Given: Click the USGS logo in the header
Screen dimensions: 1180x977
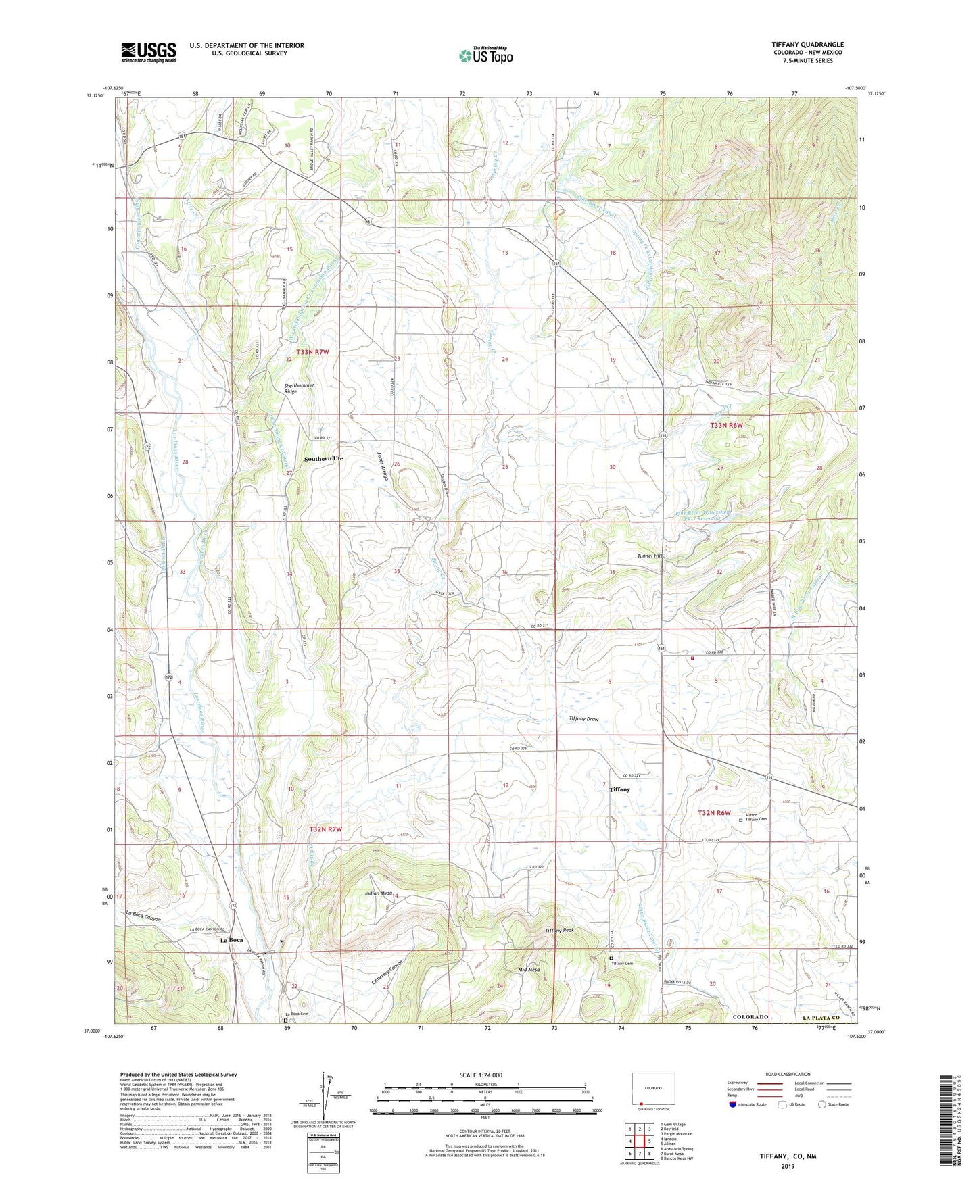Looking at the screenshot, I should [149, 51].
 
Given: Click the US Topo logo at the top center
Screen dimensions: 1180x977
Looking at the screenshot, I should [485, 55].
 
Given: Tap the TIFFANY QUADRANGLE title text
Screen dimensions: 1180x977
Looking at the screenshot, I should [807, 45].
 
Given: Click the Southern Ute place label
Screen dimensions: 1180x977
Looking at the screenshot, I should [323, 459].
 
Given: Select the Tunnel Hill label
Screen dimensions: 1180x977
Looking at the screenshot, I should [652, 556].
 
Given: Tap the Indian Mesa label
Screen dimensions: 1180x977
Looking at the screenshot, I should [377, 893].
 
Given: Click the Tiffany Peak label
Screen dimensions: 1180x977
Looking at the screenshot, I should [559, 931].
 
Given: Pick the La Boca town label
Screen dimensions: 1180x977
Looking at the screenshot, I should [232, 940].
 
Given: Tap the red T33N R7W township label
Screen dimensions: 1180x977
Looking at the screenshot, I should [312, 352].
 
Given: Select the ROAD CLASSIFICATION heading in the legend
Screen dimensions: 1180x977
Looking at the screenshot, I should [788, 1074].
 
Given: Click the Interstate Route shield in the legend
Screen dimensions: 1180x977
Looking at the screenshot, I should [734, 1105].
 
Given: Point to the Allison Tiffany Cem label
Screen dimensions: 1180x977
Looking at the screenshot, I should [756, 817].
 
